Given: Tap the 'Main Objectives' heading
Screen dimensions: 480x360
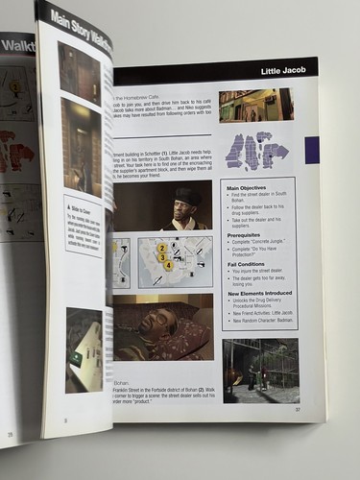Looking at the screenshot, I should (248, 187).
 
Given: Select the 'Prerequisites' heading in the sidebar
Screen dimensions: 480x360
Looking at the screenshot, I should (244, 234).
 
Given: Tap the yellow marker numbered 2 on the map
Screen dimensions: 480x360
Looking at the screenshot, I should (162, 249).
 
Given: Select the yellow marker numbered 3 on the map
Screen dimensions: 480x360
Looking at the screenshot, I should (163, 258).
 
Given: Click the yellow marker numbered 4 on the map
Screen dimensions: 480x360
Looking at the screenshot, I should (168, 266).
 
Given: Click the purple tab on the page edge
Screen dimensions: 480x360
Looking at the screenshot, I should (311, 150).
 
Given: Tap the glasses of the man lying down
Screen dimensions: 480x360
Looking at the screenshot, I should (151, 324).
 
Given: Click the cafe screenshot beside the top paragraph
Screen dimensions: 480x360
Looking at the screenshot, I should (254, 104).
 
